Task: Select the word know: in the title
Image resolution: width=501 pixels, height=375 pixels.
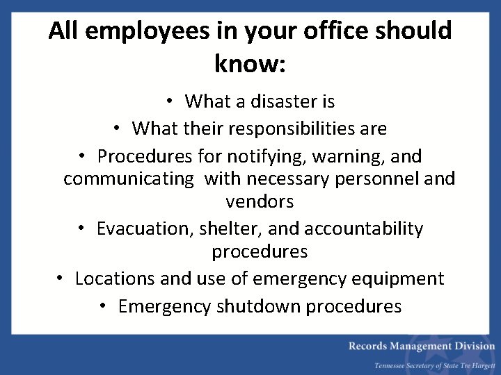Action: tap(250, 64)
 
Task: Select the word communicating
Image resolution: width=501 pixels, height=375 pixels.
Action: tap(129, 178)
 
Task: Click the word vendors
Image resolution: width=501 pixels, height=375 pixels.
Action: tap(260, 202)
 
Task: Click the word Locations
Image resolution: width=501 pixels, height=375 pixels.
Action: tap(115, 278)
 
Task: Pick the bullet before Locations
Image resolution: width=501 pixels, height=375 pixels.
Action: tap(61, 278)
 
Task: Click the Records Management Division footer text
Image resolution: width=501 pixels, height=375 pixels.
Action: tap(422, 346)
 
